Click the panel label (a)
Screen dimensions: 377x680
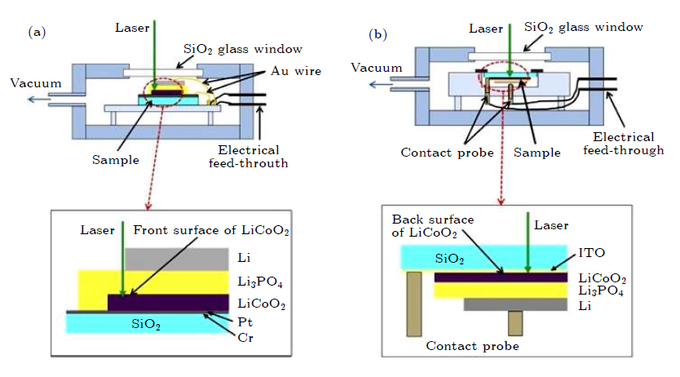(36, 33)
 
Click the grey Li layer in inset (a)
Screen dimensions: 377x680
(175, 259)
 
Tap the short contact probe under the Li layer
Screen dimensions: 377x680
(514, 323)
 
